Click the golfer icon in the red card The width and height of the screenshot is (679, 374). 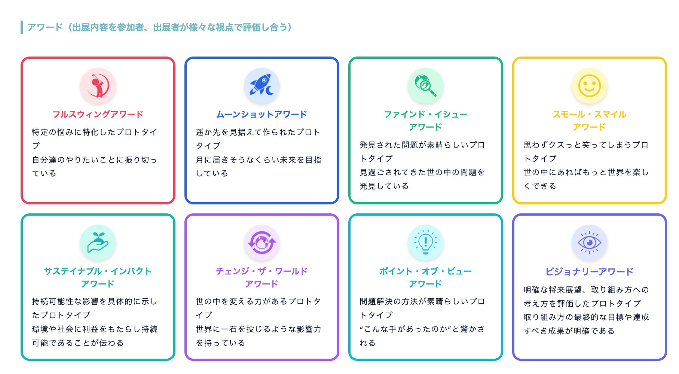pos(98,86)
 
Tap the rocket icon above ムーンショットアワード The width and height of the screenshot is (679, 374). pos(262,86)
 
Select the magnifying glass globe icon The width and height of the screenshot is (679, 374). pos(426,86)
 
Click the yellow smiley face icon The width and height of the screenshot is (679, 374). pos(590,86)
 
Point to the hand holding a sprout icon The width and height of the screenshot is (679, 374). pos(98,243)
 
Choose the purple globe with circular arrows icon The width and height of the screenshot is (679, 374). pos(262,243)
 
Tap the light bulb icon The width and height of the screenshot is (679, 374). pos(426,243)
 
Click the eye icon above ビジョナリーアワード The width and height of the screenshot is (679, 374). pos(590,243)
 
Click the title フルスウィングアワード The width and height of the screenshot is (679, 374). pos(98,114)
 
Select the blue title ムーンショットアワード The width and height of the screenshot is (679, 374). pos(262,114)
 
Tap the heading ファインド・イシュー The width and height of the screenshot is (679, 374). pos(426,114)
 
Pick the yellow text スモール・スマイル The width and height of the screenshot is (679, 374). pos(590,114)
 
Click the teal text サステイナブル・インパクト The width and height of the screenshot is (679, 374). pos(98,271)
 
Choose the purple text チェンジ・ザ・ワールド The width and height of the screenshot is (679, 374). pos(262,271)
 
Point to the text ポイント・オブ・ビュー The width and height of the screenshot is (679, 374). pos(426,271)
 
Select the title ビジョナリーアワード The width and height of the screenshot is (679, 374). pos(590,271)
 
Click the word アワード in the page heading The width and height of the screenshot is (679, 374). pos(45,27)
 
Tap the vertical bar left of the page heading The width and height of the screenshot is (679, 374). pos(22,27)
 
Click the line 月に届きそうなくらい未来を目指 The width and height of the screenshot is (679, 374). pos(259,160)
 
